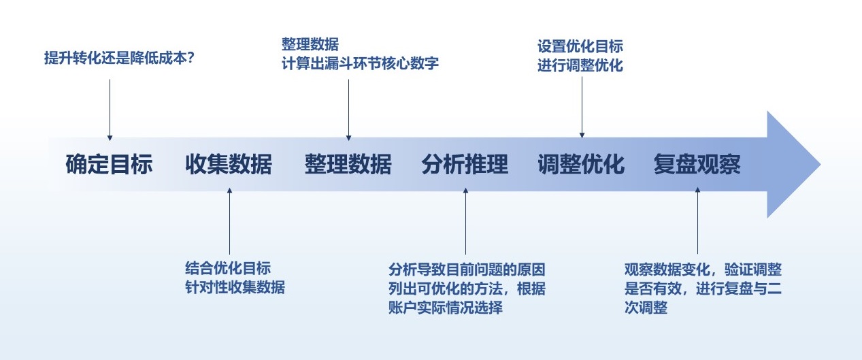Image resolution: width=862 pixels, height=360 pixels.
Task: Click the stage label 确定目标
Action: pos(109,165)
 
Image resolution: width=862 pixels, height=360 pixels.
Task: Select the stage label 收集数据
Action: pos(229,165)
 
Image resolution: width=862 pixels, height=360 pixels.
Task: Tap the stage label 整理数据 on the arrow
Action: pos(348,165)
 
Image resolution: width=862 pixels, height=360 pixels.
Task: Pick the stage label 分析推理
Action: pos(465,165)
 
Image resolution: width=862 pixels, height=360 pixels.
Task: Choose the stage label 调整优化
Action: pos(581,165)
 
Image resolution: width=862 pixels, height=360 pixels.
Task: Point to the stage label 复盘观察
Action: pos(697,165)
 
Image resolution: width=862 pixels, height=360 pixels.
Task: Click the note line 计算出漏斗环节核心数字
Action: pos(360,64)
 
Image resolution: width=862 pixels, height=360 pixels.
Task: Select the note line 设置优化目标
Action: pos(580,47)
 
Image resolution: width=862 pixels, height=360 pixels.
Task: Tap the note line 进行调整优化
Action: pos(580,66)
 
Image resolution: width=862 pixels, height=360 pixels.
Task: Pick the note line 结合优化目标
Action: pos(227,267)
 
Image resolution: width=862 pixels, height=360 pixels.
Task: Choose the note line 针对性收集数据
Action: pos(234,287)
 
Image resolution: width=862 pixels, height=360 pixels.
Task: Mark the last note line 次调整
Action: pos(646,308)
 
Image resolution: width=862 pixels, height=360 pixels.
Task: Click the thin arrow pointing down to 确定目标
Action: pos(110,109)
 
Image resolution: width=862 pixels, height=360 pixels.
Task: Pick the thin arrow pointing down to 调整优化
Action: pos(582,105)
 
